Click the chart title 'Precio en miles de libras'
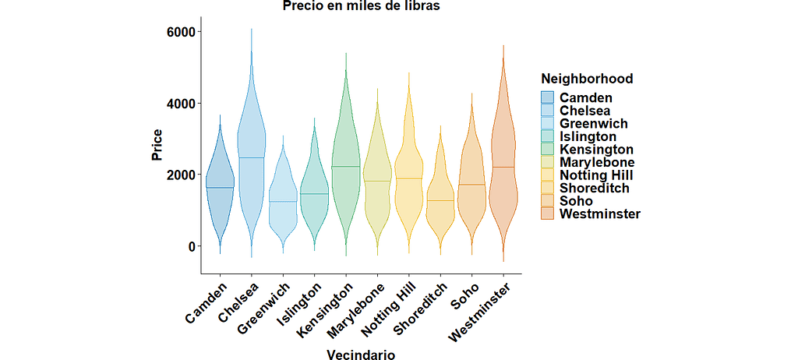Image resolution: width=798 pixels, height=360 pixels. tap(361, 7)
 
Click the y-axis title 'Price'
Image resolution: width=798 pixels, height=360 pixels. tap(157, 146)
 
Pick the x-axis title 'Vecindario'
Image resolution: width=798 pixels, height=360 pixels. tap(361, 355)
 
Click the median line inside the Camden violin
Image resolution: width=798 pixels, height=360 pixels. tap(220, 188)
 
